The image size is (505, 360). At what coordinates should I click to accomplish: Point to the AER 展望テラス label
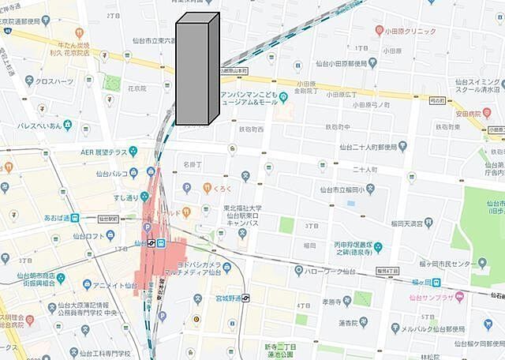pyautogui.click(x=103, y=152)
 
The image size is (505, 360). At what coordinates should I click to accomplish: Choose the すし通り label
pyautogui.click(x=127, y=197)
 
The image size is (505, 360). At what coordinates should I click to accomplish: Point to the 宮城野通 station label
pyautogui.click(x=222, y=298)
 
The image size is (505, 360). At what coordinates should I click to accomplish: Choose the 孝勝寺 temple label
pyautogui.click(x=336, y=301)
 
